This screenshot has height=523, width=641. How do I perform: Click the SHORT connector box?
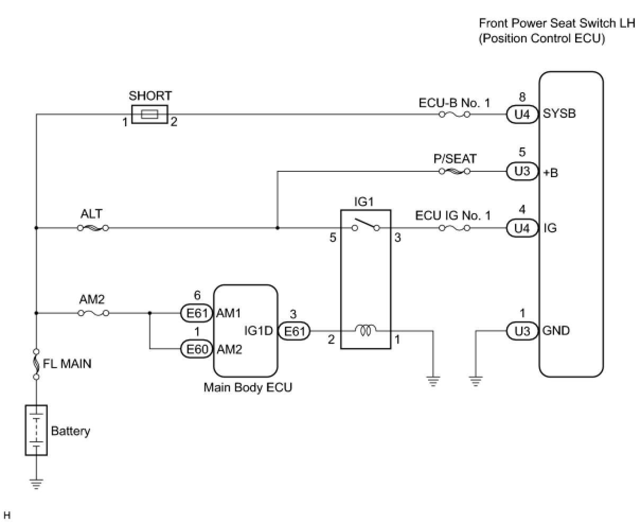pos(149,114)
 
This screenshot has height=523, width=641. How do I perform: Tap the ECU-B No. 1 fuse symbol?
pos(455,115)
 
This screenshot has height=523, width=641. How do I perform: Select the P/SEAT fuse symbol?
pos(455,171)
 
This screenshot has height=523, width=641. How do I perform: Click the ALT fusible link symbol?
pos(93,228)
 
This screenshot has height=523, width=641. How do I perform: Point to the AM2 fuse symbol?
pos(93,313)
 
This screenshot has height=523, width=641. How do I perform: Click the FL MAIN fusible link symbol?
pos(36,364)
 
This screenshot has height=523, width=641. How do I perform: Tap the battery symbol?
pos(36,430)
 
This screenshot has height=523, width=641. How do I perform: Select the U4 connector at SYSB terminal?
pos(522,115)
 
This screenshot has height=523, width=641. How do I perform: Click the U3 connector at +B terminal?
pos(522,171)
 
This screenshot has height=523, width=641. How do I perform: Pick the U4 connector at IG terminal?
pos(522,228)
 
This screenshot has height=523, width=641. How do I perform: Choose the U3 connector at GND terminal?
pos(522,331)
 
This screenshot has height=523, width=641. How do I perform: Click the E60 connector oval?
pos(197,349)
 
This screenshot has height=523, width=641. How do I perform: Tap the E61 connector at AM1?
pos(197,313)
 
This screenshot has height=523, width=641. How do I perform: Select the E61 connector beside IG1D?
pos(294,332)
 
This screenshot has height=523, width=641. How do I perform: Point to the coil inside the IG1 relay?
pos(366,330)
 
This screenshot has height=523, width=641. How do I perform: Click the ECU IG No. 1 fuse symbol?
pos(455,228)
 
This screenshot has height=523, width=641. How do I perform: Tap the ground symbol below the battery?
pos(36,484)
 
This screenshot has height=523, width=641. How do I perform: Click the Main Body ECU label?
pos(248,387)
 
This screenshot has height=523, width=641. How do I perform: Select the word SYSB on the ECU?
pos(559,114)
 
